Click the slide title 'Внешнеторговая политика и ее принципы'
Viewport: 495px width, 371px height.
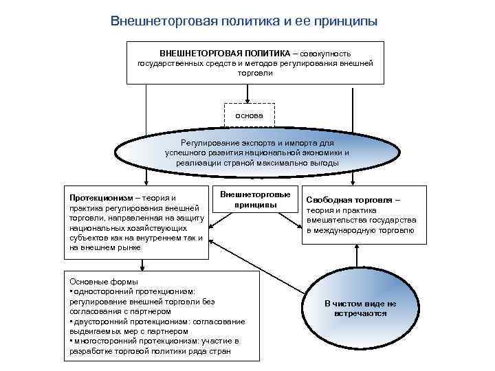coord(244,21)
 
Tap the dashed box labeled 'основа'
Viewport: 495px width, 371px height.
coord(249,115)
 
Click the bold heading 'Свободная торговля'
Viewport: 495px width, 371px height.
coord(349,199)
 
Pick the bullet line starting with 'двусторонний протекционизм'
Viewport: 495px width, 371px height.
coord(157,321)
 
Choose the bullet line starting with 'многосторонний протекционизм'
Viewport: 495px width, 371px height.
coord(154,341)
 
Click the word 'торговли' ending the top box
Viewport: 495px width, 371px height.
coord(255,72)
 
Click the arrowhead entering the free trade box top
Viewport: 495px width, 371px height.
coord(353,183)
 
